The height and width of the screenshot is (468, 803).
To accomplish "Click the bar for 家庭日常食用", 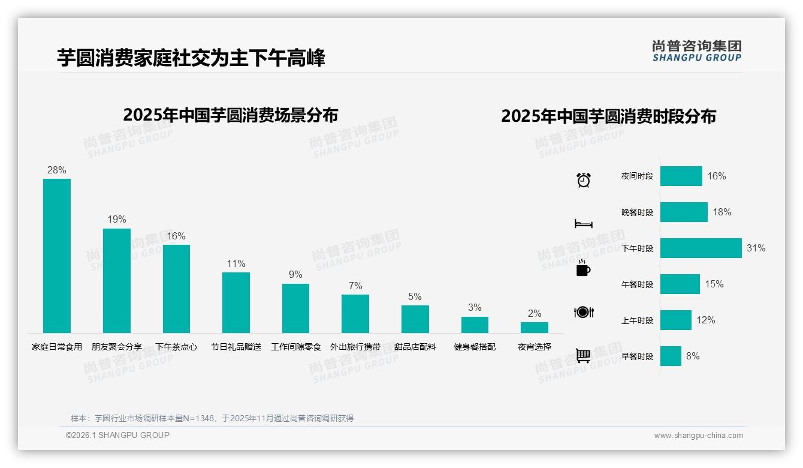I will point(57,256).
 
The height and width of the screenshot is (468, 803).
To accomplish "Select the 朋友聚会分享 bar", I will point(116,280).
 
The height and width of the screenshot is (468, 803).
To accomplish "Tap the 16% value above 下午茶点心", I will point(176,236).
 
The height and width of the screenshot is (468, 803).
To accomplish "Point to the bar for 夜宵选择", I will point(534,328).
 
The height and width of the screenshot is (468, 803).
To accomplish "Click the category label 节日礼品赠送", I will point(236,347).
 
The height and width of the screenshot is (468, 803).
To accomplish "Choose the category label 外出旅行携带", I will point(355,347).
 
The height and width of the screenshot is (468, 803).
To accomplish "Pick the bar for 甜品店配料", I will point(415,319).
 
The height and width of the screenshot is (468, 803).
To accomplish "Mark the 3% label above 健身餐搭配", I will point(475,307).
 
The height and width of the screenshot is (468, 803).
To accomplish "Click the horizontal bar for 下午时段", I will point(701,248).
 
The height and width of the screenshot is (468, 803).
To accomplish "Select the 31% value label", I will point(756,248).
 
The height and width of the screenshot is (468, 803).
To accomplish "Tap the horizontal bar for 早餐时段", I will point(671,356).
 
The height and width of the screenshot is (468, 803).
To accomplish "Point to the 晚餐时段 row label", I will point(637,212).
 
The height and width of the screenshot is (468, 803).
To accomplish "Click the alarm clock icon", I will point(584,179).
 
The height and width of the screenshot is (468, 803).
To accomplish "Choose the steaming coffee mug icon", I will point(583,269).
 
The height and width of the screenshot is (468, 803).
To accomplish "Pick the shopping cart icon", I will point(583,356).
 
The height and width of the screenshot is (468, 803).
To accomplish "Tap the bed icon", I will point(583,224).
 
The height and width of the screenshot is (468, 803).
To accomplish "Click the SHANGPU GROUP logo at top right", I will point(696,51).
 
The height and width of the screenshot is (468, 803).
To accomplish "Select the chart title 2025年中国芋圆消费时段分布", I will point(608,116).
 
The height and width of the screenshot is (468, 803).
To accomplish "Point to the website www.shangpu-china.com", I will point(698,436).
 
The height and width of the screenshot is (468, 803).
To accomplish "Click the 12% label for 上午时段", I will point(706,320).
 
